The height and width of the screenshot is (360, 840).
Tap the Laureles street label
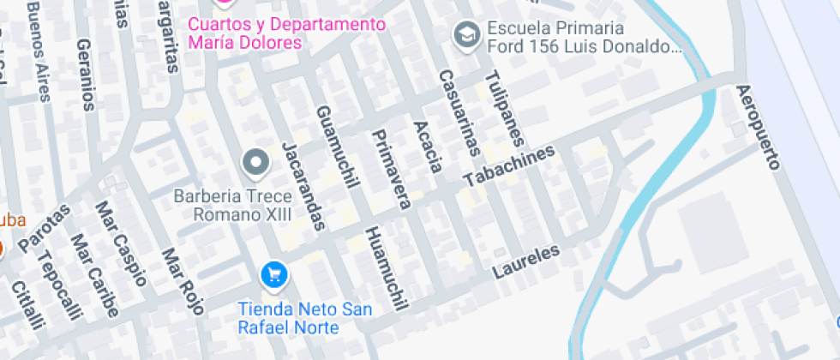point(526,262)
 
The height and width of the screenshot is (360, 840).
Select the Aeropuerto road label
point(759,127)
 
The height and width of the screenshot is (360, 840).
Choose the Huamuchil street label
point(384,268)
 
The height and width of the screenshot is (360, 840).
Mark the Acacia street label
point(428,147)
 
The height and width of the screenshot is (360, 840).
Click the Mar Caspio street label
point(121,244)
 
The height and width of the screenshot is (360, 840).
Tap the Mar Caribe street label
point(93,276)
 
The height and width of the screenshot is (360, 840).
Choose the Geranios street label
point(85,75)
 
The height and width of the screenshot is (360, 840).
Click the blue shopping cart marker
point(273,275)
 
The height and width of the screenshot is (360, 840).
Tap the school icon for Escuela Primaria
point(466,34)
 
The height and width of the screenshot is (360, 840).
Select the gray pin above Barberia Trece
point(255,160)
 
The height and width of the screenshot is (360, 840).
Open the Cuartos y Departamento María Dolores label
point(287,33)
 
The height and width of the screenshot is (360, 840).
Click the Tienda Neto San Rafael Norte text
point(304,318)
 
